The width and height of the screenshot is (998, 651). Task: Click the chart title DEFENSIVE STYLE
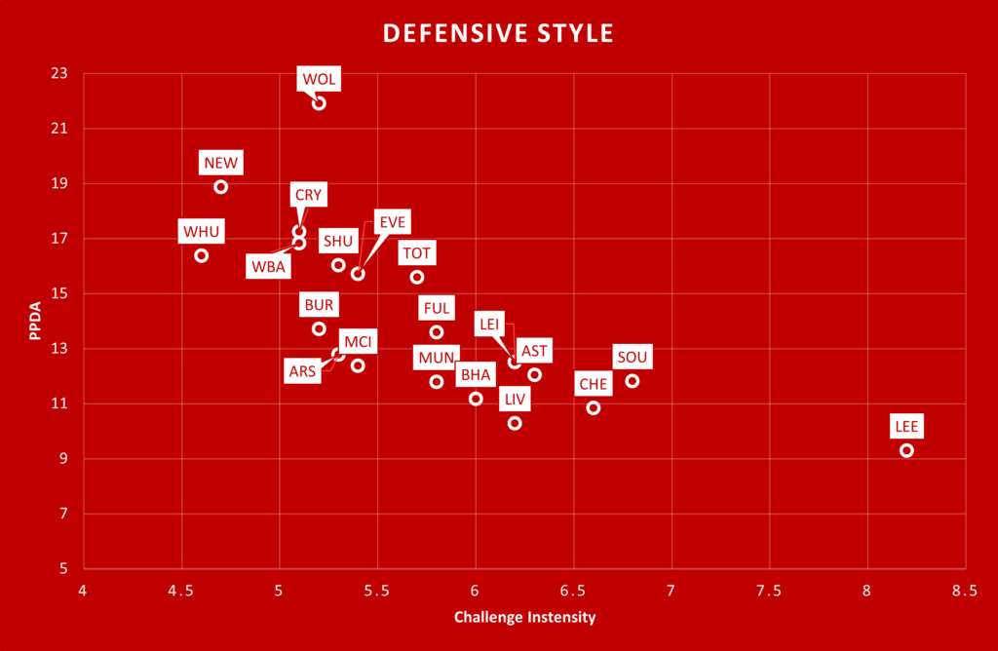pos(498,33)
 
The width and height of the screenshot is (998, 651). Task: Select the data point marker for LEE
pos(906,450)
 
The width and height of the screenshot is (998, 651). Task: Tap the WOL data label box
pos(319,79)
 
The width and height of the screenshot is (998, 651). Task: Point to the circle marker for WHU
pos(202,255)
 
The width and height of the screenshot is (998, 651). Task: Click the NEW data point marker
pos(221,187)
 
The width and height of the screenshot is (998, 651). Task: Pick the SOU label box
pos(632,358)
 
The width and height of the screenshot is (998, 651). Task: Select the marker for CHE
pos(594,408)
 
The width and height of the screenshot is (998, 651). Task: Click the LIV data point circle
pos(515,423)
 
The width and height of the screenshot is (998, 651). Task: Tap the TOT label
pos(417,253)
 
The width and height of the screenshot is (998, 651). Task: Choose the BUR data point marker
pos(319,328)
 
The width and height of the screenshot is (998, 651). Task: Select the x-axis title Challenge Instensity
pos(524,617)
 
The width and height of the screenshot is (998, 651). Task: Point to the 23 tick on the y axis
pos(60,73)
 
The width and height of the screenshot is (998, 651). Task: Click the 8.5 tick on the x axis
pos(965,590)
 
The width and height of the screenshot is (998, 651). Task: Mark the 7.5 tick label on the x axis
pos(770,590)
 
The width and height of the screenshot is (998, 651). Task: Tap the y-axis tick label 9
pos(65,458)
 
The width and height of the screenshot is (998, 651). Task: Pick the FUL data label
pos(437,309)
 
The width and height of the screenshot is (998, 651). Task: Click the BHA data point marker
pos(476,399)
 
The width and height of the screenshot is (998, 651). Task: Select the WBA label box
pos(267,266)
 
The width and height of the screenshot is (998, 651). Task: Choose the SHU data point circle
pos(338,265)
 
